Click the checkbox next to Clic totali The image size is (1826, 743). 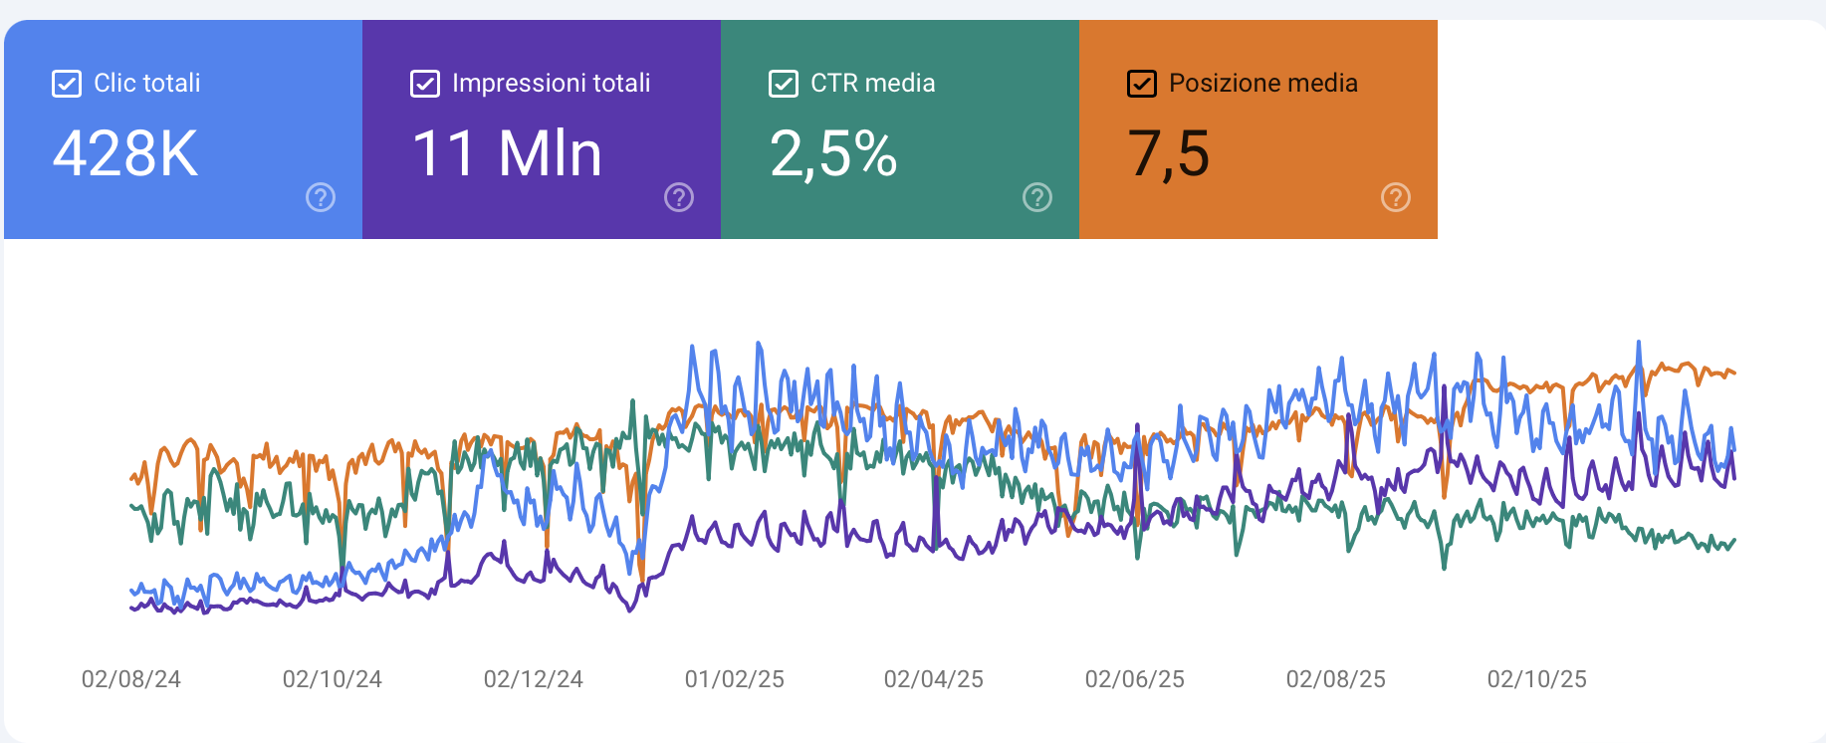coord(67,84)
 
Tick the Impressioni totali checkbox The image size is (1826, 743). coord(425,84)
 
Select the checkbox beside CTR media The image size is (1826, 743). coord(784,84)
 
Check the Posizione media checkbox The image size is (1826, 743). coord(1142,84)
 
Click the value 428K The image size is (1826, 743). coord(125,154)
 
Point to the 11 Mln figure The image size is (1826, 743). coord(507,154)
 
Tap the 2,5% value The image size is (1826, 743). coord(833,154)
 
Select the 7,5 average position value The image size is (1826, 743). coord(1169,154)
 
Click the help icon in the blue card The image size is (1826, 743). coord(321,197)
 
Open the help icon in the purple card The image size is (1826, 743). coord(679,197)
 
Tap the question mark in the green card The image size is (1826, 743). coord(1037,197)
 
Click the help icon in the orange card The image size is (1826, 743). coord(1396,197)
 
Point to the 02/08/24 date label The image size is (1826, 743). coord(131,679)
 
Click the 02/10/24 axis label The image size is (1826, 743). coord(333,679)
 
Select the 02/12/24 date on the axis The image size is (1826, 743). coord(534,679)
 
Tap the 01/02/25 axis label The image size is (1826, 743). coord(735,679)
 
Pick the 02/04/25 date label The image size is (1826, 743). coord(934,679)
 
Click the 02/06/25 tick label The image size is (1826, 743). coord(1135,679)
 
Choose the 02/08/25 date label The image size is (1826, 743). coord(1336,679)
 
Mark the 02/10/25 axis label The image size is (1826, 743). coord(1537,679)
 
